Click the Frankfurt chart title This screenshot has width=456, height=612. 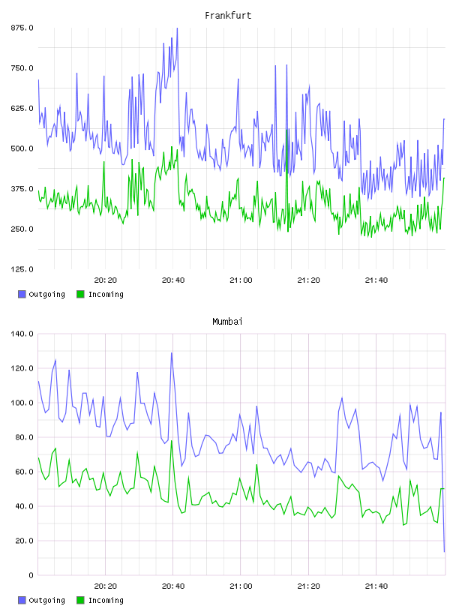228,16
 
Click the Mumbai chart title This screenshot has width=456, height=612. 227,322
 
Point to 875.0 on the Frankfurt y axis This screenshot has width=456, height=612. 22,28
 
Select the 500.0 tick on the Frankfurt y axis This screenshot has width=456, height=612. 22,148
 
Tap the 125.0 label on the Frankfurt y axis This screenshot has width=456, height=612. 22,269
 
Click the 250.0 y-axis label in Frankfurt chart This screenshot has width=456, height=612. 22,229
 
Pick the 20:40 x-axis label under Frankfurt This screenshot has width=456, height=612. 173,280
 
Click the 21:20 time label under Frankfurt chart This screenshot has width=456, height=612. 308,280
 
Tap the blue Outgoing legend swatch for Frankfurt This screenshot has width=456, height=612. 22,294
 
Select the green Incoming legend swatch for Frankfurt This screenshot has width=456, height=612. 80,294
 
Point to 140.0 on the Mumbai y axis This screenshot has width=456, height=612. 22,334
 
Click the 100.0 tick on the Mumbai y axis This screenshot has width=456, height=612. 22,403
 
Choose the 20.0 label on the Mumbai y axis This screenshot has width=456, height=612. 24,541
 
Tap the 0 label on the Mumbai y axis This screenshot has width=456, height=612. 31,575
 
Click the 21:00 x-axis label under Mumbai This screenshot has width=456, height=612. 241,586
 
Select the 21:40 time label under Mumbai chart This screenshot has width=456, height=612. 376,586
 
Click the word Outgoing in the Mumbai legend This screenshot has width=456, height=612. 46,600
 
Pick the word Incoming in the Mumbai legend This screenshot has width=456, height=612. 106,600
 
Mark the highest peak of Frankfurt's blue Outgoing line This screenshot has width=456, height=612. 177,28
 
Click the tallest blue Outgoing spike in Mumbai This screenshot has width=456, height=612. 172,352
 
